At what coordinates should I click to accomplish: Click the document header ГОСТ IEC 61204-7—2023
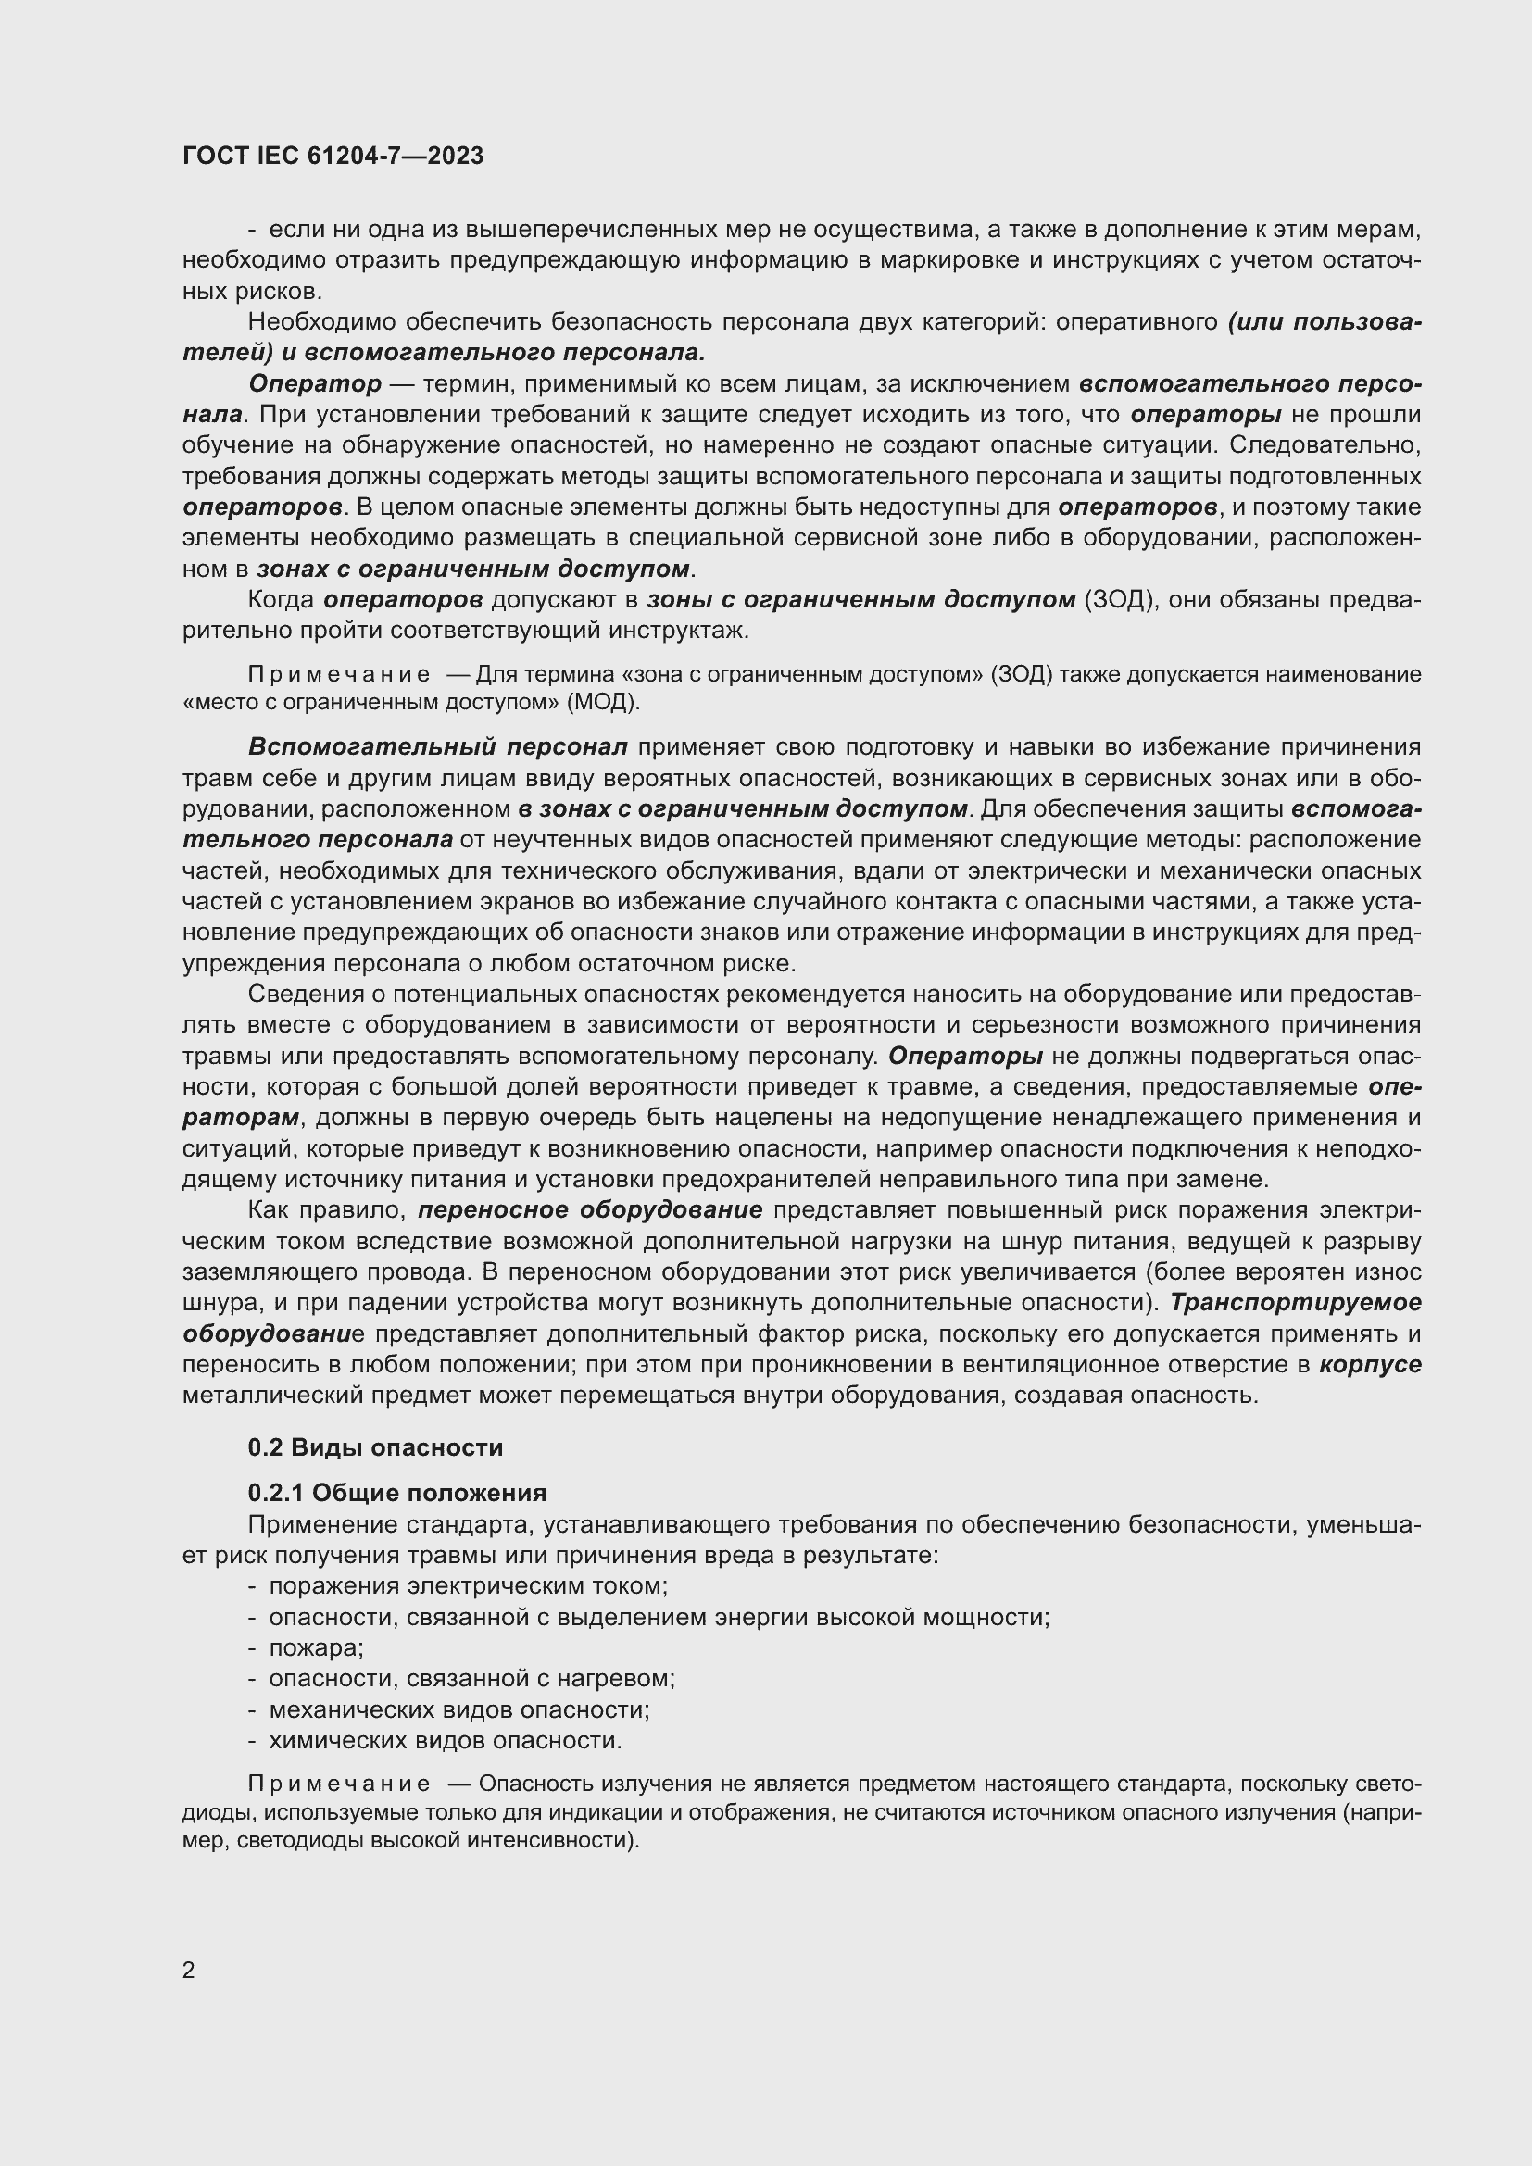click(x=333, y=157)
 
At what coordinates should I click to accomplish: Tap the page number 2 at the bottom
click(x=189, y=1971)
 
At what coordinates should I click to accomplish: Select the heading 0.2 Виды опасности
click(x=374, y=1447)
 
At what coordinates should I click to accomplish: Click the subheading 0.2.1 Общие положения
click(x=397, y=1493)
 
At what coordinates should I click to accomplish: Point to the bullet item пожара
click(x=316, y=1647)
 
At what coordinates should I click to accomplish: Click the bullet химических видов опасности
click(x=446, y=1740)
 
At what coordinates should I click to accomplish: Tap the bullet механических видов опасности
click(x=459, y=1709)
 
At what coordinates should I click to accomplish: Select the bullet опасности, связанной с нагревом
click(x=471, y=1678)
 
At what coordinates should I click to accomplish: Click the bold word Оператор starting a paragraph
click(x=315, y=384)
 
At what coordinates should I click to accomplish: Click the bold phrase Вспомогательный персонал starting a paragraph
click(x=438, y=747)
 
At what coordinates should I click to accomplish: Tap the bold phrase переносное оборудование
click(x=591, y=1210)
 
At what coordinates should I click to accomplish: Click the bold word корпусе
click(x=1370, y=1364)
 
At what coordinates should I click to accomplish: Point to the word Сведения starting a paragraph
click(x=305, y=994)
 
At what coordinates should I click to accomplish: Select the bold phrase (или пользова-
click(x=1325, y=321)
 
